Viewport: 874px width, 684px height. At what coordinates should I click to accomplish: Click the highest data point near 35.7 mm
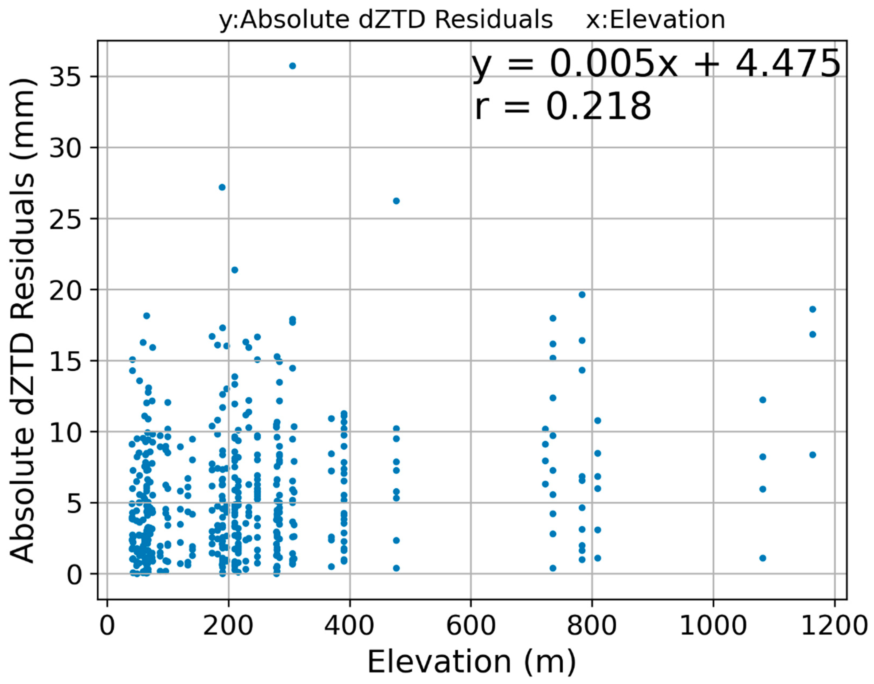[x=292, y=66]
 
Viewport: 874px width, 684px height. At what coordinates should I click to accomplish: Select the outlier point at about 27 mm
[x=222, y=187]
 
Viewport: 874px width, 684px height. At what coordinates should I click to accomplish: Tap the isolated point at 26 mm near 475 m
[x=396, y=201]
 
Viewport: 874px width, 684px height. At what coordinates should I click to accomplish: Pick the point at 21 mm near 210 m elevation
[x=235, y=270]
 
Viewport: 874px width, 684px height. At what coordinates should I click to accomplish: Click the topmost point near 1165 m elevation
[x=812, y=309]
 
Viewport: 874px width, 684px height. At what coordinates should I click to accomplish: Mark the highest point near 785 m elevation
[x=582, y=295]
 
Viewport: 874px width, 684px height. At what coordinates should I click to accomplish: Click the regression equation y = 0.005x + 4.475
[x=656, y=64]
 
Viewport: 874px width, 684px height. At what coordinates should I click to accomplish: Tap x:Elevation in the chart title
[x=656, y=20]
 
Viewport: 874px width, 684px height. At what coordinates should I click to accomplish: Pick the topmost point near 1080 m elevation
[x=763, y=400]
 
